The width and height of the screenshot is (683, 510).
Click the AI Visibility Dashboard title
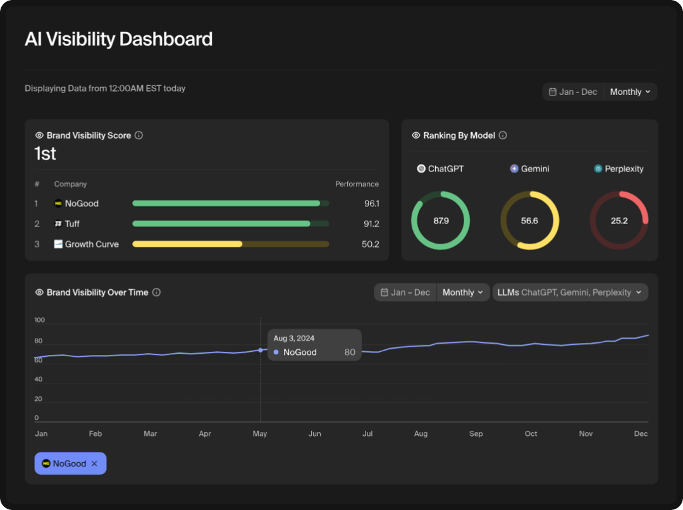coord(118,39)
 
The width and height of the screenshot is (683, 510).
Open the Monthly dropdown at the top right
coord(630,92)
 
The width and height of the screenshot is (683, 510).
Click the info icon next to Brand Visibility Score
coord(139,135)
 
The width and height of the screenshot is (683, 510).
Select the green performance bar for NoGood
coord(226,203)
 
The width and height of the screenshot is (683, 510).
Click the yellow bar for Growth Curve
coord(187,244)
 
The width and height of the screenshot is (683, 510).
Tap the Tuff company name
coord(72,224)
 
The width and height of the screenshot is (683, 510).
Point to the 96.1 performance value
coord(370,204)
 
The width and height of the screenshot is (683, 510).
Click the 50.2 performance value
coord(370,244)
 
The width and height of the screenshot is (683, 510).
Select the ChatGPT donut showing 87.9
coord(441,221)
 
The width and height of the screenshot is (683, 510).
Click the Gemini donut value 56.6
coord(529,221)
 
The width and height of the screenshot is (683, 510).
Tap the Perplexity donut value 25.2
coord(619,221)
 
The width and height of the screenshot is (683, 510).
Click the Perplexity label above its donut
coord(624,169)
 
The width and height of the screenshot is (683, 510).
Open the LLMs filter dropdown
coord(570,292)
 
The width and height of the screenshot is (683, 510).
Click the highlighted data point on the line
coord(260,350)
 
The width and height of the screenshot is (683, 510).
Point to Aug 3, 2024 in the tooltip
coord(293,339)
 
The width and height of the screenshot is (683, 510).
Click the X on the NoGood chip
coord(94,464)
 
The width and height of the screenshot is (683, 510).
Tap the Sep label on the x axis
coord(476,434)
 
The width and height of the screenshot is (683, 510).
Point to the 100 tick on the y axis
coord(39,320)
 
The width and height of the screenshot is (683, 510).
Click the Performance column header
coord(357,184)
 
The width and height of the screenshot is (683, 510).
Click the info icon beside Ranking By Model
coord(503,135)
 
